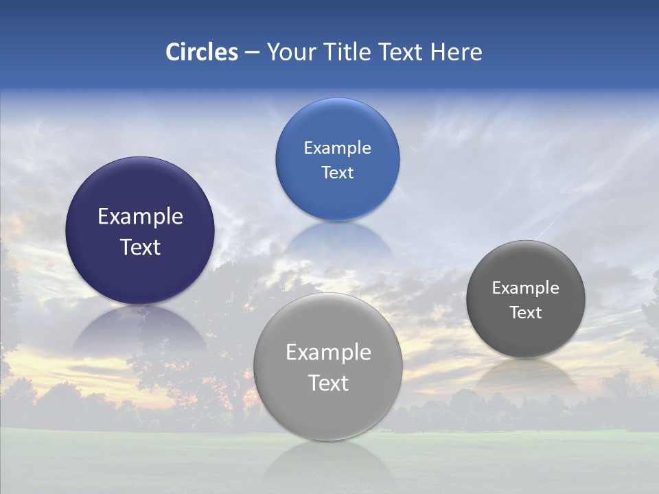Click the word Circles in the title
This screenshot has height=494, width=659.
(201, 52)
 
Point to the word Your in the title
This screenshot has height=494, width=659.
(290, 52)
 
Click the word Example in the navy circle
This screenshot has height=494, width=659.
(140, 217)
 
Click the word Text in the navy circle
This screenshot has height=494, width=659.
(140, 247)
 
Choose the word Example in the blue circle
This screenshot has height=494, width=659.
(337, 148)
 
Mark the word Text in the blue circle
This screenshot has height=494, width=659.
(337, 173)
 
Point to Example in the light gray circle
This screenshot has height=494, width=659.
(328, 353)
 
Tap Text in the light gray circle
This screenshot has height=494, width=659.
(328, 383)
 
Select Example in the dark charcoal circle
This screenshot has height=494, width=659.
(525, 288)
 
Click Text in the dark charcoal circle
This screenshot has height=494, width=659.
(525, 313)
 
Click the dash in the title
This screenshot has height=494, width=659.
(252, 53)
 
